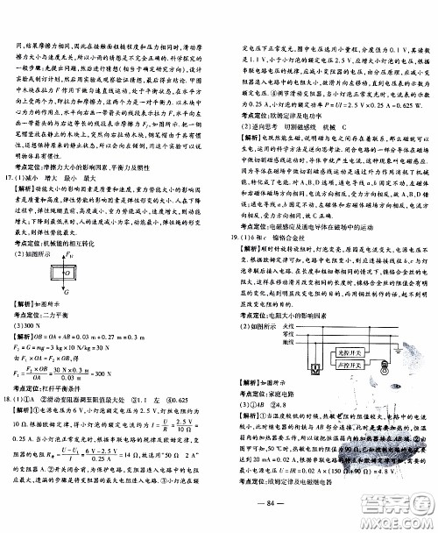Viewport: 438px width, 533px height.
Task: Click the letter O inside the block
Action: tap(67, 284)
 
